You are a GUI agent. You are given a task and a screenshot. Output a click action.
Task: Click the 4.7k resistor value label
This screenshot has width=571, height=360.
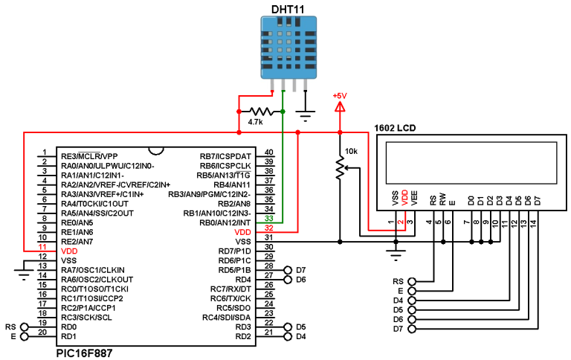pos(256,122)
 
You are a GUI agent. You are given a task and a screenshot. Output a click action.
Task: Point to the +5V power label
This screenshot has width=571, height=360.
pos(340,96)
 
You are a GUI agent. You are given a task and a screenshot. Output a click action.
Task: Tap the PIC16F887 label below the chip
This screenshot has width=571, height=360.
pos(85,353)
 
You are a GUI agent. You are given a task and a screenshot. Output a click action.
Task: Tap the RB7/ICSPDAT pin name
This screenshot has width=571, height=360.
pos(226,155)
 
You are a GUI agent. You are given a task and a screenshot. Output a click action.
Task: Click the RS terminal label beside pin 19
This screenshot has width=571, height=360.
pos(10,327)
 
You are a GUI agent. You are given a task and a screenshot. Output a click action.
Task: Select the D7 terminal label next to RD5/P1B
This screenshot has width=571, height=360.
pos(300,270)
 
